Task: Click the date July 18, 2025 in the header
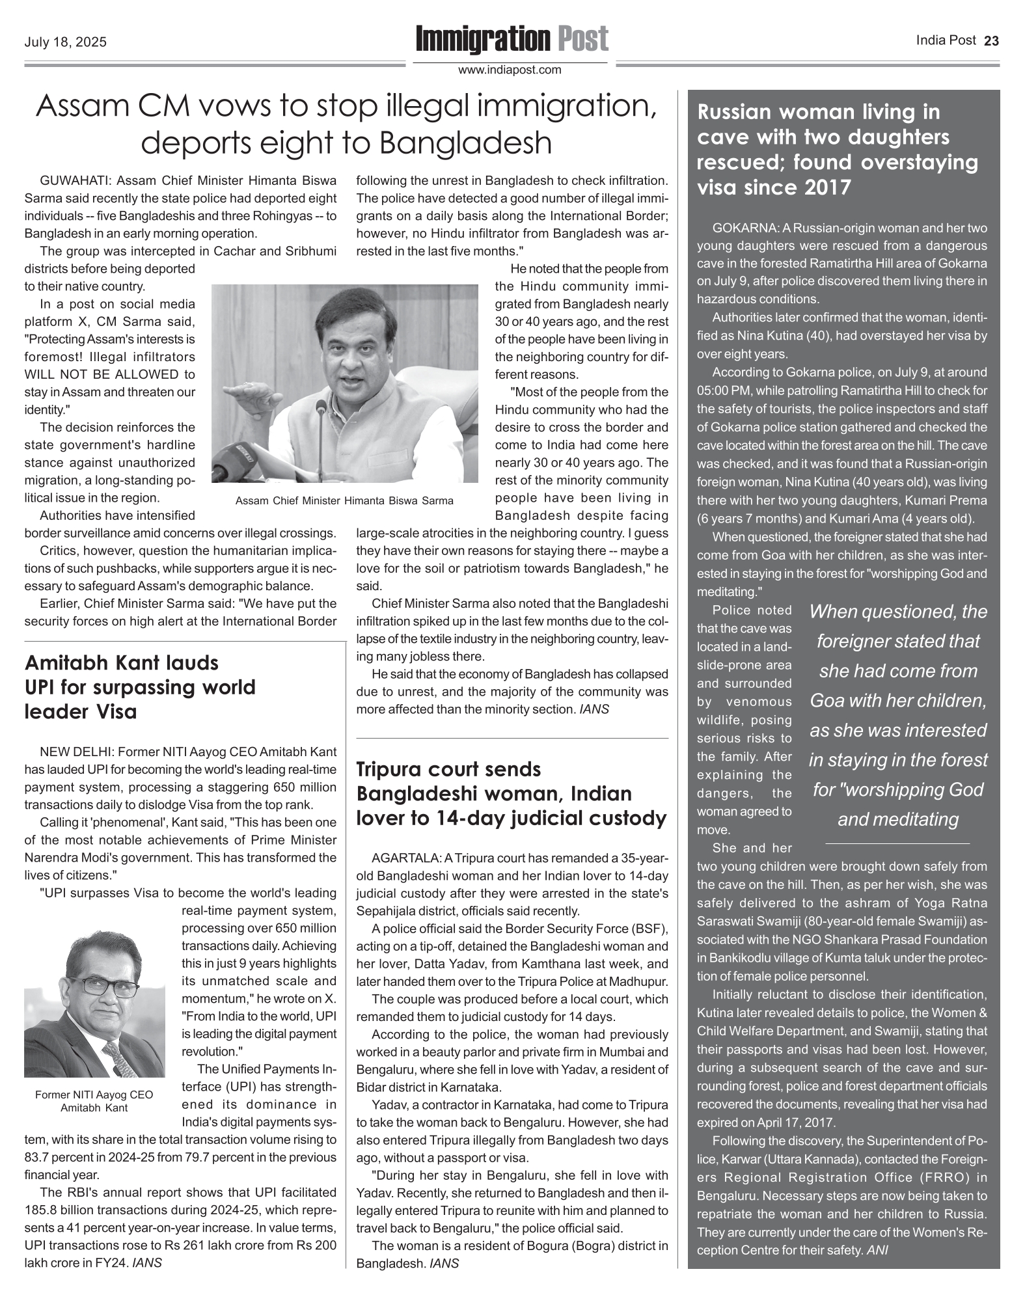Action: [x=65, y=43]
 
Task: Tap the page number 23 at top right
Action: [x=991, y=41]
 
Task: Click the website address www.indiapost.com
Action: [x=510, y=70]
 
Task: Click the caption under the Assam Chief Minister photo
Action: [x=344, y=500]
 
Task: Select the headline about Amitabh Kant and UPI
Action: [x=140, y=687]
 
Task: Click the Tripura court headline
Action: [x=512, y=793]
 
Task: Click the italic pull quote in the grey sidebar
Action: [x=898, y=715]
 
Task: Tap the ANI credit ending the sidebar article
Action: [x=878, y=1250]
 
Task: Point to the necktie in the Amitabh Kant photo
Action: [x=120, y=1057]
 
